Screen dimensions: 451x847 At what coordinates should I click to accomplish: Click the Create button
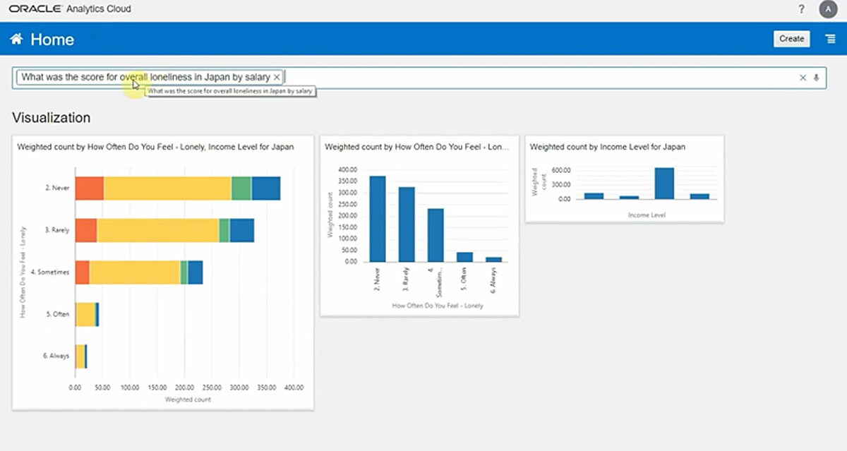coord(791,39)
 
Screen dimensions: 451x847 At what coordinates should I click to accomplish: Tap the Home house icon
coord(16,40)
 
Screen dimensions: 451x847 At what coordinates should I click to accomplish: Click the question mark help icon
coord(801,9)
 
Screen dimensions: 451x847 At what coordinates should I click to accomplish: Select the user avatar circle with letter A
coord(827,9)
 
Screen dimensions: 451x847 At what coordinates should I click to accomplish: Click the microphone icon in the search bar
coord(817,78)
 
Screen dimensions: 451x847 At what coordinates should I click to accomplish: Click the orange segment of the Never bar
coord(90,188)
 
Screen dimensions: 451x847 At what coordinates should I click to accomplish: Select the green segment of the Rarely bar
coord(224,230)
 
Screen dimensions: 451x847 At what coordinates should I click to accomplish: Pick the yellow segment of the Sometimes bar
coord(135,272)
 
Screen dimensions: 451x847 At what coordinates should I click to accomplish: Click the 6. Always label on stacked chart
coord(56,356)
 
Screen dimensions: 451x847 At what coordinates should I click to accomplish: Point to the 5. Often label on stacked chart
coord(57,314)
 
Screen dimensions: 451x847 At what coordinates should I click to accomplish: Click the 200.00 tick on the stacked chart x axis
coord(184,387)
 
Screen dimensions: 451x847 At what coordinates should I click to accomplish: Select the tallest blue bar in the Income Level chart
coord(664,184)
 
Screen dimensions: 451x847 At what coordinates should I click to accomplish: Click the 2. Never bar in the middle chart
coord(378,219)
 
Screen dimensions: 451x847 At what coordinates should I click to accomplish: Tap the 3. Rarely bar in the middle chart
coord(407,224)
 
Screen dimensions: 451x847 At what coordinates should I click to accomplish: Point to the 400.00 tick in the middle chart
coord(347,170)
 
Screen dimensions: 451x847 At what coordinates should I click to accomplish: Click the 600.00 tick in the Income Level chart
coord(560,170)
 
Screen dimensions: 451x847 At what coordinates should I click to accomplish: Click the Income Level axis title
coord(647,215)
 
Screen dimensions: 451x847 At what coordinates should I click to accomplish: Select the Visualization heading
coord(52,118)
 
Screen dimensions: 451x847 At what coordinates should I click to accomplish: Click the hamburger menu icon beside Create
coord(831,39)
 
